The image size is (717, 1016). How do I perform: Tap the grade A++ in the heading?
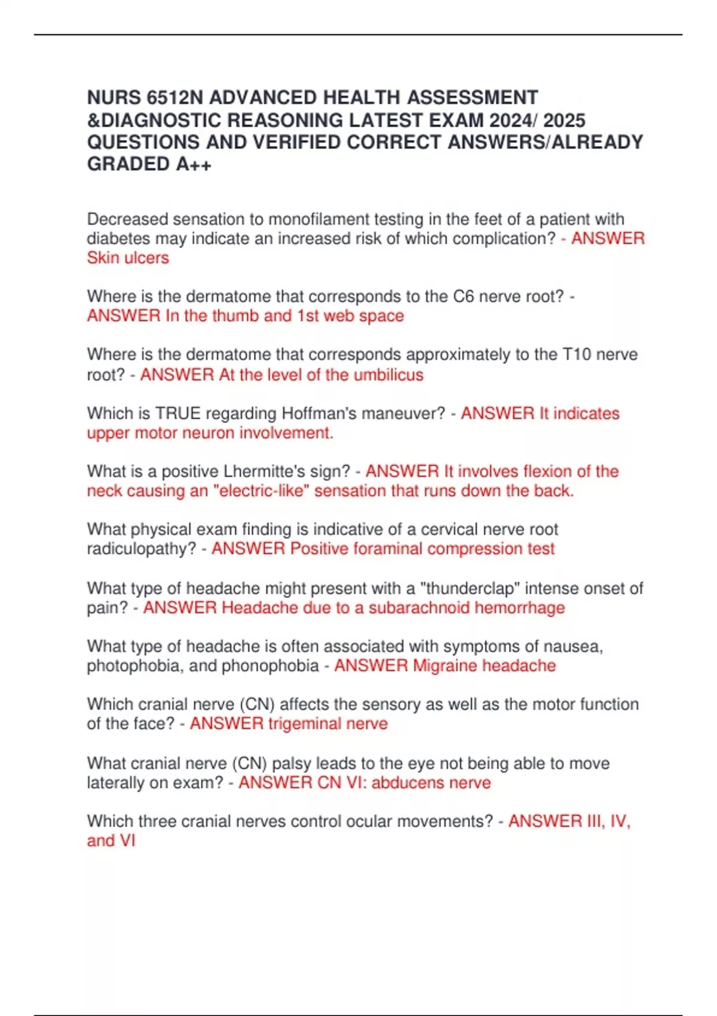pyautogui.click(x=194, y=164)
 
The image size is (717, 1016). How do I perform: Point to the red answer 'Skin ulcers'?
pyautogui.click(x=128, y=258)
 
